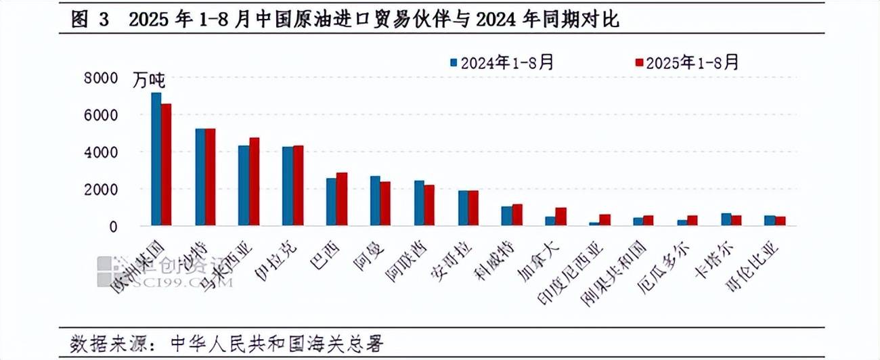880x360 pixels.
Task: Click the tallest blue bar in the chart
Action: tap(156, 159)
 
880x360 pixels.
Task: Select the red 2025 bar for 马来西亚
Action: tap(254, 181)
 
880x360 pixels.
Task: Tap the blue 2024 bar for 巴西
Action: tap(331, 202)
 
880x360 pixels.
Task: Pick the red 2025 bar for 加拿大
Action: tap(560, 217)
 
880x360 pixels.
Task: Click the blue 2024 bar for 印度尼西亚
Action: tap(594, 223)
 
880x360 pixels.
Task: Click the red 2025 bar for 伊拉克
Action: tap(298, 185)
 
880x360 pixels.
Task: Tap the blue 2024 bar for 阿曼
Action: tap(375, 200)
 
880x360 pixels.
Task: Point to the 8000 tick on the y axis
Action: tap(101, 78)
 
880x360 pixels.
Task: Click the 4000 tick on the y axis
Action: tap(101, 152)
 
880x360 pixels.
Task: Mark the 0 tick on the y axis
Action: tap(114, 227)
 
